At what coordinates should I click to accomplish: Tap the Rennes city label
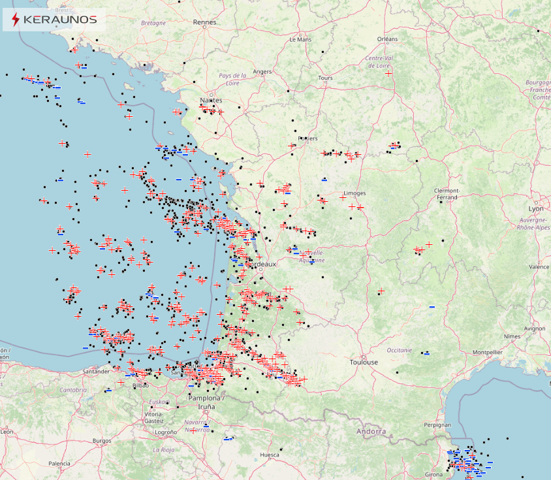pyautogui.click(x=204, y=22)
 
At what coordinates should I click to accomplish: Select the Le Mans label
pyautogui.click(x=300, y=39)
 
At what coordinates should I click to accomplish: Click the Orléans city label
pyautogui.click(x=387, y=39)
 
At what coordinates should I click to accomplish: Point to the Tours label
pyautogui.click(x=325, y=78)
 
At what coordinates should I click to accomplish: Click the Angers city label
pyautogui.click(x=262, y=72)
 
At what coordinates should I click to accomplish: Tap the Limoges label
pyautogui.click(x=355, y=193)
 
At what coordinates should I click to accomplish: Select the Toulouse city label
pyautogui.click(x=364, y=362)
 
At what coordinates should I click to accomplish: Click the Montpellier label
pyautogui.click(x=488, y=352)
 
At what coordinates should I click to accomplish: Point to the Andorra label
pyautogui.click(x=371, y=432)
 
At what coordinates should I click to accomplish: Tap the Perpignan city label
pyautogui.click(x=437, y=425)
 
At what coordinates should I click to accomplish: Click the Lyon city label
pyautogui.click(x=536, y=209)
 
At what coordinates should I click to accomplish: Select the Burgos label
pyautogui.click(x=102, y=441)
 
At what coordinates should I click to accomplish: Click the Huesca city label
pyautogui.click(x=270, y=455)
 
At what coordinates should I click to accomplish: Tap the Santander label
pyautogui.click(x=96, y=372)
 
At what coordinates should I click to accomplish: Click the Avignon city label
pyautogui.click(x=534, y=328)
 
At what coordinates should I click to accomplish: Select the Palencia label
pyautogui.click(x=59, y=464)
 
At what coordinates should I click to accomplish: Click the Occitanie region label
pyautogui.click(x=400, y=350)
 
